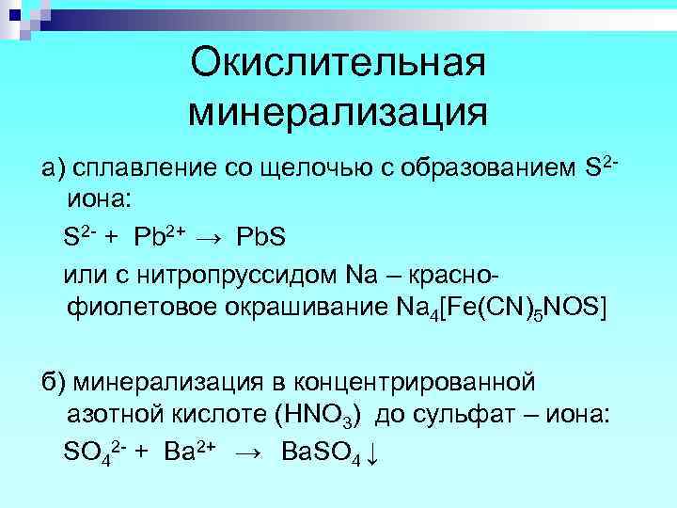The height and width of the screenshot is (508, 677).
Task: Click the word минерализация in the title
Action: pos(338,112)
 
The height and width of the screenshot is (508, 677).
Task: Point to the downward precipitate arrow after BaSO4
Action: pos(373,453)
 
